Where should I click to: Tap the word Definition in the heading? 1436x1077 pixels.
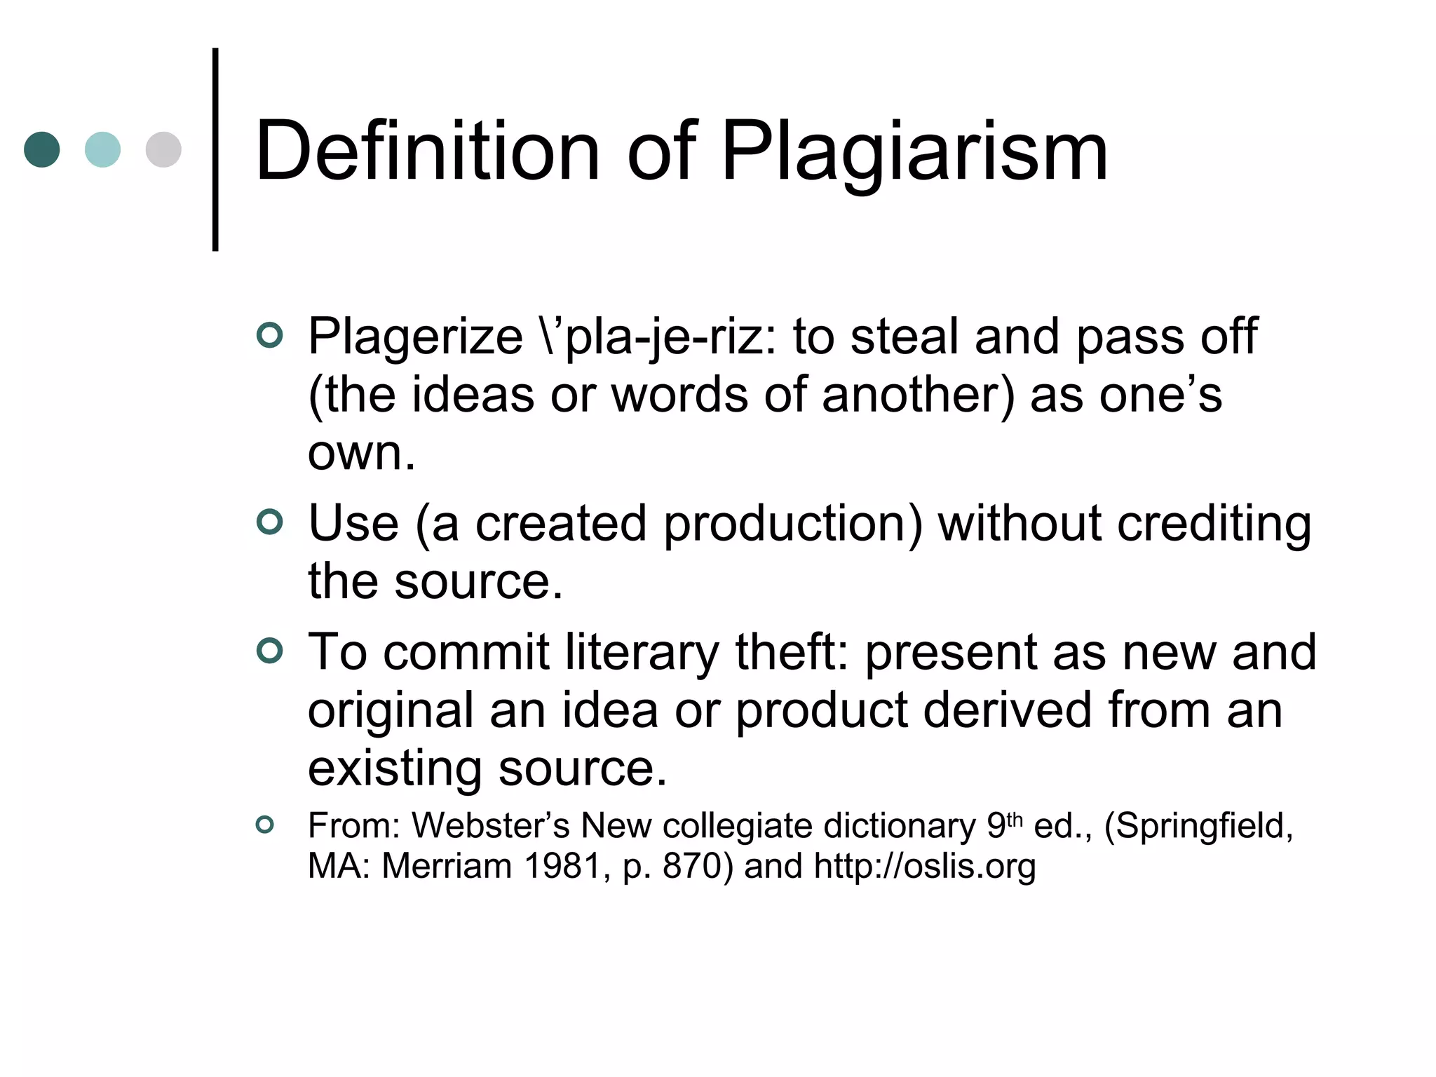pos(428,151)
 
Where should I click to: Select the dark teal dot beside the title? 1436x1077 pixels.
pos(42,149)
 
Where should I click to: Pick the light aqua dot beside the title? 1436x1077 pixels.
pos(102,149)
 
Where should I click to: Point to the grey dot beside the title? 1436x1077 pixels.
pos(163,149)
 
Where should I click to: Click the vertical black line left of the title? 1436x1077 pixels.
pos(215,149)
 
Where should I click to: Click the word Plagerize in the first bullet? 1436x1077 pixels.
pos(415,337)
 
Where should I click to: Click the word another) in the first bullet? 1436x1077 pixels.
pos(918,395)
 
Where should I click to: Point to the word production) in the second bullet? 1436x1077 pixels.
pos(793,524)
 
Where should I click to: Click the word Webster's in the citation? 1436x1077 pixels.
pos(490,825)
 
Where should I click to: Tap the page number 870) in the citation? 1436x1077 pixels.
pos(698,866)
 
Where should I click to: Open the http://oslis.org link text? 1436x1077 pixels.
pos(925,866)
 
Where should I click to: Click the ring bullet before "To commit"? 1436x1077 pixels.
pos(270,651)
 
